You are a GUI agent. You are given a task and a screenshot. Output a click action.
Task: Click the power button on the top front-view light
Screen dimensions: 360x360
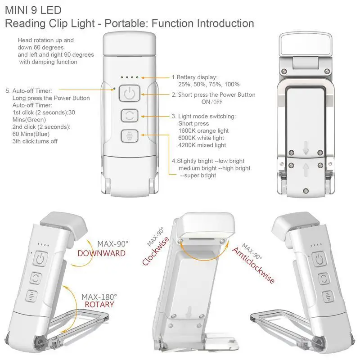pyautogui.click(x=129, y=94)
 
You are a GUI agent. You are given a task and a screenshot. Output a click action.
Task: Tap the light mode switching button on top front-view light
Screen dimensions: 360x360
pyautogui.click(x=129, y=116)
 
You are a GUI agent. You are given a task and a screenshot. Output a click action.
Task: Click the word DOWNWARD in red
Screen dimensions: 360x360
pyautogui.click(x=101, y=253)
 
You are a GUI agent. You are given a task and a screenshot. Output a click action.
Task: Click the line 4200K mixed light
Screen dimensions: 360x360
pyautogui.click(x=202, y=145)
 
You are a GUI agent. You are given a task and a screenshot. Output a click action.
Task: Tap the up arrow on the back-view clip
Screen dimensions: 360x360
pyautogui.click(x=306, y=171)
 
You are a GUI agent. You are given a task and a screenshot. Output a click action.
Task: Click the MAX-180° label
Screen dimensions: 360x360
pyautogui.click(x=99, y=297)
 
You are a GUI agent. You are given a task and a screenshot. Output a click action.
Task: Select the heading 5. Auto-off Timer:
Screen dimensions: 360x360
pyautogui.click(x=29, y=90)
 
